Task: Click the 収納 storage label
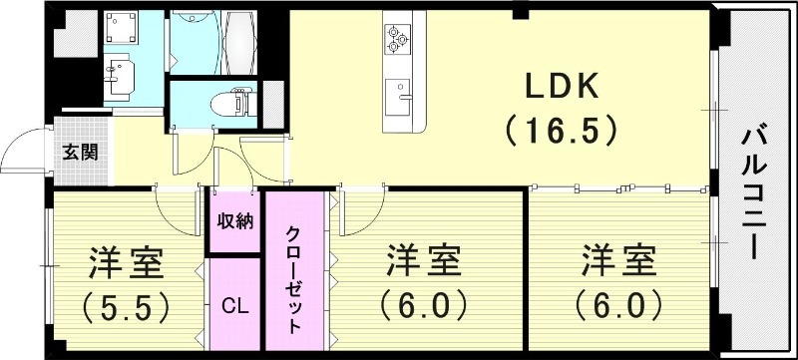pyautogui.click(x=234, y=221)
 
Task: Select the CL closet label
pyautogui.click(x=234, y=303)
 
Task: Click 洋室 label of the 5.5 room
pyautogui.click(x=125, y=263)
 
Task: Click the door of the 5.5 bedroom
pyautogui.click(x=175, y=204)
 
